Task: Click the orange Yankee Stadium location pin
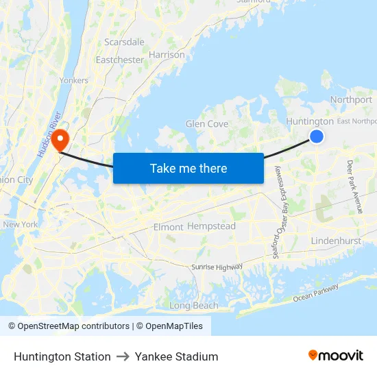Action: click(x=60, y=139)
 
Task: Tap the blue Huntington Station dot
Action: click(x=316, y=136)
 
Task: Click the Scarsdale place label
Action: click(x=124, y=42)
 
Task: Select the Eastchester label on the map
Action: click(x=119, y=60)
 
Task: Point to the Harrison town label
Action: click(x=167, y=54)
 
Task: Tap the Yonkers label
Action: click(x=74, y=80)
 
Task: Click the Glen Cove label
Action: click(x=206, y=124)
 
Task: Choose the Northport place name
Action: click(x=351, y=99)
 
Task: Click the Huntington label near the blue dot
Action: click(x=309, y=121)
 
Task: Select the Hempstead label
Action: click(x=211, y=226)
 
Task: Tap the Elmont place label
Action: click(x=168, y=227)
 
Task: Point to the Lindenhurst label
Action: click(x=335, y=241)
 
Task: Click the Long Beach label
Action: click(x=193, y=306)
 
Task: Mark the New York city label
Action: click(x=21, y=224)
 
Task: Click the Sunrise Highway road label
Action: click(x=217, y=267)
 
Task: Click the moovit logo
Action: click(x=335, y=355)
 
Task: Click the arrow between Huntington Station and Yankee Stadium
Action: click(x=123, y=356)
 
